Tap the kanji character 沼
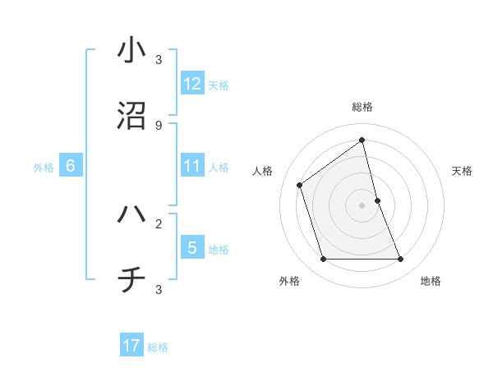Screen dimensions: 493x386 pyautogui.click(x=131, y=117)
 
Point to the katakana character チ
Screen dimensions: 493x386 pyautogui.click(x=131, y=281)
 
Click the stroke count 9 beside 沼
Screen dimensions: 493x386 pyautogui.click(x=159, y=126)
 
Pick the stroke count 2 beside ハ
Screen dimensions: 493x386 pyautogui.click(x=159, y=223)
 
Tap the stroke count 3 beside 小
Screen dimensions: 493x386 pyautogui.click(x=159, y=59)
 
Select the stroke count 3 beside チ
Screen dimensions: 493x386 pyautogui.click(x=159, y=290)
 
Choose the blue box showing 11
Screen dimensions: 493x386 pyautogui.click(x=192, y=166)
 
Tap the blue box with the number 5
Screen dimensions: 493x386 pyautogui.click(x=192, y=247)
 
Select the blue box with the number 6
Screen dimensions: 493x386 pyautogui.click(x=71, y=166)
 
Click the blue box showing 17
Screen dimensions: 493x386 pyautogui.click(x=131, y=346)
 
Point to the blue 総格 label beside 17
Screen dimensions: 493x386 pyautogui.click(x=158, y=347)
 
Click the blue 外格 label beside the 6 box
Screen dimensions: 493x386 pyautogui.click(x=44, y=168)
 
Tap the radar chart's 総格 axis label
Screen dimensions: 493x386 pyautogui.click(x=362, y=107)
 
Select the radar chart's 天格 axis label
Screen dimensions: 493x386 pyautogui.click(x=463, y=171)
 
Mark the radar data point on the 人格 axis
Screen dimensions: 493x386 pyautogui.click(x=300, y=185)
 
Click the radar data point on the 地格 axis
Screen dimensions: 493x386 pyautogui.click(x=401, y=260)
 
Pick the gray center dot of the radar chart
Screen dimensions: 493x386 pyautogui.click(x=362, y=205)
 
